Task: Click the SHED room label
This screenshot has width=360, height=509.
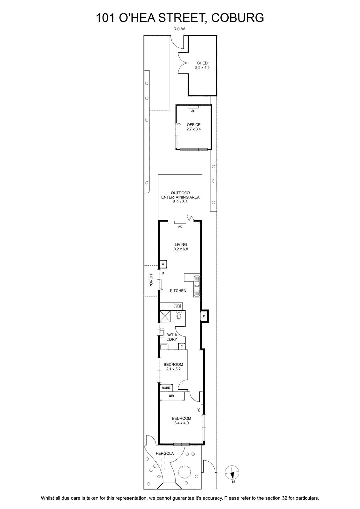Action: coord(202,65)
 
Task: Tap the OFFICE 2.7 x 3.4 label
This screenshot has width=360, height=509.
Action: coord(193,127)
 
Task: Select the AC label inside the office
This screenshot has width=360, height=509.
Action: coord(193,111)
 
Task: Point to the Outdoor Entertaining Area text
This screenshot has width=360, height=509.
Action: coord(180,197)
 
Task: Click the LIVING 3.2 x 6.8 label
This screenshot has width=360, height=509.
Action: coord(181,247)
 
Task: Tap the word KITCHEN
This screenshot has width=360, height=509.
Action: coord(178,290)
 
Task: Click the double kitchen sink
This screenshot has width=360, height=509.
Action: coord(197,286)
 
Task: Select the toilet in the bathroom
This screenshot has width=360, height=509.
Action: coord(179,316)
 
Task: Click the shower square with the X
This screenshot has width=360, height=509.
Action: coord(165,316)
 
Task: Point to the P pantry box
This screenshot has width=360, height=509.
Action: coord(204,316)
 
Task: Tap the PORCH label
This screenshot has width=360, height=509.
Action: coord(151,281)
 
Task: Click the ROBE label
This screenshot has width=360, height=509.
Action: coord(166,388)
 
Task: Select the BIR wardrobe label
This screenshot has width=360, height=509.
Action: coord(171,396)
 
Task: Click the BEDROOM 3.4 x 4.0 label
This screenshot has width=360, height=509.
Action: coord(182,421)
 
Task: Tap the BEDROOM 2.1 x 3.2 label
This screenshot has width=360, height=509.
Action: coord(173,366)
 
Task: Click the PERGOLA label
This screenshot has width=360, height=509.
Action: coord(165,453)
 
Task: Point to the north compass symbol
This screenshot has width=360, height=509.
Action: coord(232,472)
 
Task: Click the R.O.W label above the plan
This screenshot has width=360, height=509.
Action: coord(179,29)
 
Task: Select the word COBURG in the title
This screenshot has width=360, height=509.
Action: coord(238,18)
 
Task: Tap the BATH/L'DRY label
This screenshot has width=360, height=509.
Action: coord(172,337)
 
